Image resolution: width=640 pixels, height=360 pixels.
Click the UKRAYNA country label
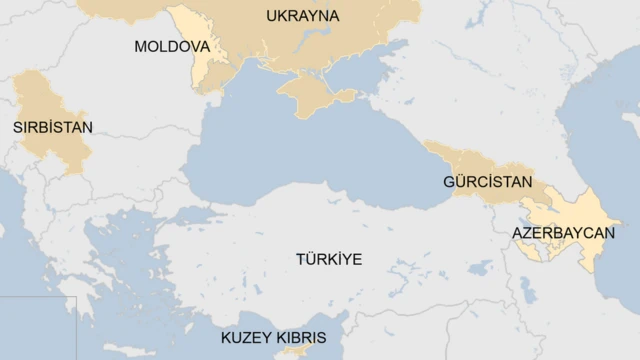[x=302, y=16]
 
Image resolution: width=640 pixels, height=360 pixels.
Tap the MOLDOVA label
[x=171, y=47]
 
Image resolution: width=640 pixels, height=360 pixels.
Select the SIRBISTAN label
[x=52, y=127]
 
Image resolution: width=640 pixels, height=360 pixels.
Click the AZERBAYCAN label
[x=563, y=232]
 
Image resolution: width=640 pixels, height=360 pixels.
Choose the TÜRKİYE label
[x=328, y=259]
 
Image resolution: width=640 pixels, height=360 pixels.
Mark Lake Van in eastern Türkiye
[x=481, y=267]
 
